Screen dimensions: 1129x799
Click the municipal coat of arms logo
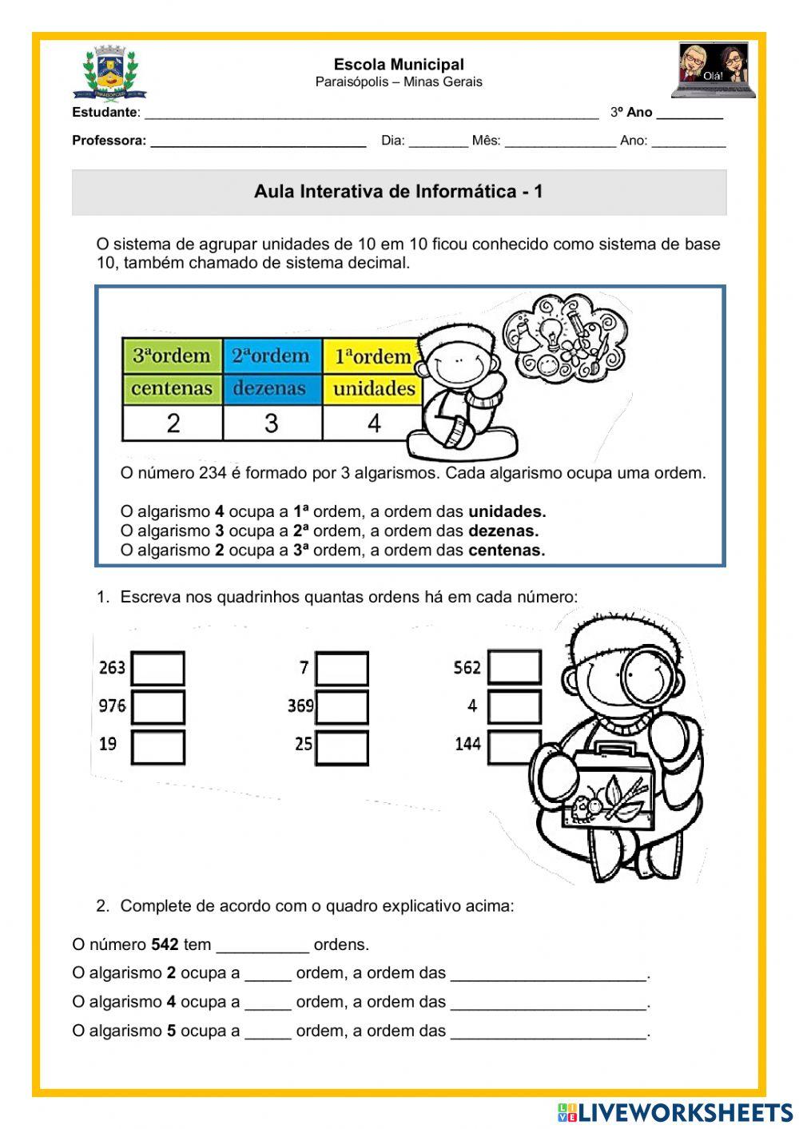109,73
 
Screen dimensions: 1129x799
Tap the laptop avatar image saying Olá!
713,70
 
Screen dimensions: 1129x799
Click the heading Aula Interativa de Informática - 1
399,192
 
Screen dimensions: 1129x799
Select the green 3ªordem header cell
172,356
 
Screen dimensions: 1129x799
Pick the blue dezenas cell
271,389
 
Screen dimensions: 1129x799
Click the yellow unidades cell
372,389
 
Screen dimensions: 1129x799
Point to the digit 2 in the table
173,423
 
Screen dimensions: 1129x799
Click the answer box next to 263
157,668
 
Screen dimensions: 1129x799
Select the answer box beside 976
157,706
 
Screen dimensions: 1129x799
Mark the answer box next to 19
157,746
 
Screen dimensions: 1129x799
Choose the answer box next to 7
341,669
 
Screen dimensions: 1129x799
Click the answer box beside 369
341,707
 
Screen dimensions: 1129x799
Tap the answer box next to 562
514,667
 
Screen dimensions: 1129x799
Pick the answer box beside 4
514,706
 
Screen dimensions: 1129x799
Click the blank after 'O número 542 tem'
262,945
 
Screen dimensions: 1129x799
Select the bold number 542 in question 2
165,945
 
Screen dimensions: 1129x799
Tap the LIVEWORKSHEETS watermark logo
675,1112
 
